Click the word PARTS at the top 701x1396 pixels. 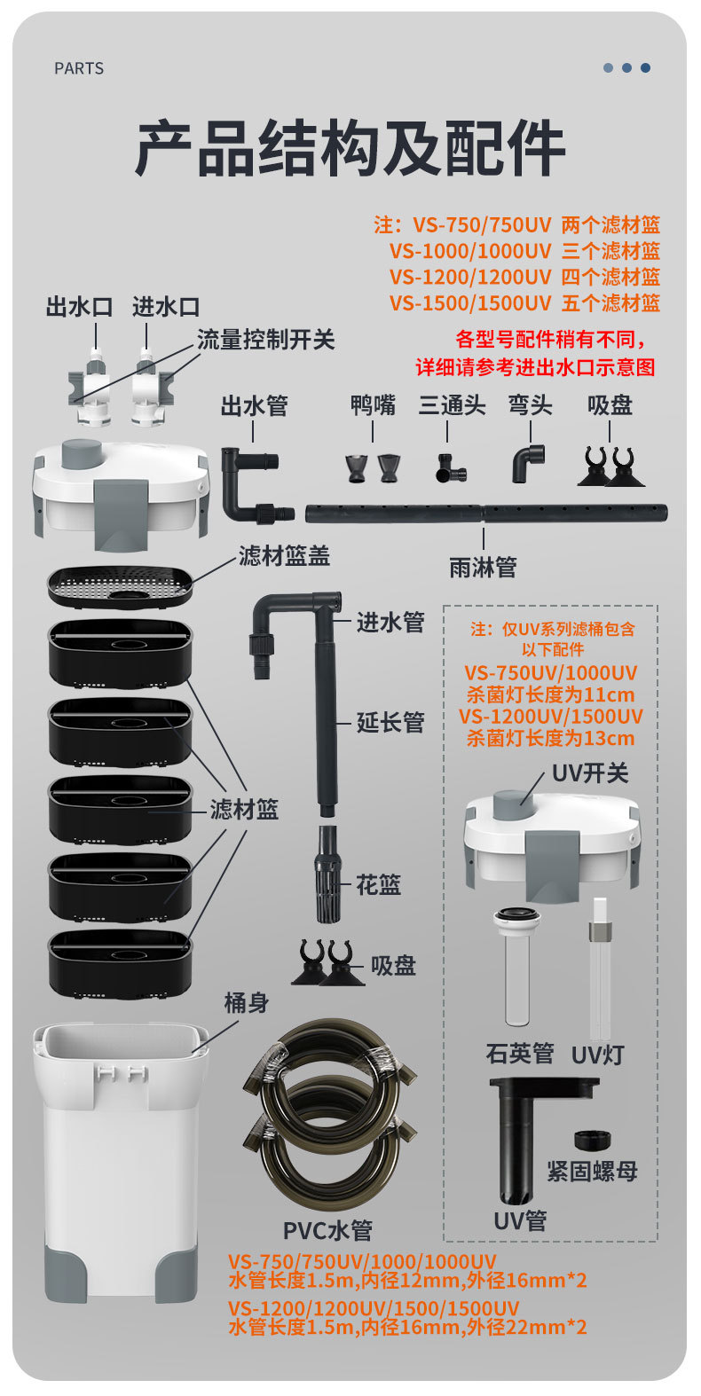coord(79,68)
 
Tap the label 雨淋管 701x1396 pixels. coord(483,568)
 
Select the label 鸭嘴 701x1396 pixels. coord(373,405)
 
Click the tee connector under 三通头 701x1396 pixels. coord(447,467)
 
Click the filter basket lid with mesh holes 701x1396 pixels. coord(120,584)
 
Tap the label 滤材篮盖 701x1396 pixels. coord(284,556)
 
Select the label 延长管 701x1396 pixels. coord(390,723)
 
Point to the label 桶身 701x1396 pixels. coord(246,1003)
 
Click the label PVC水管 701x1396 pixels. coord(327,1230)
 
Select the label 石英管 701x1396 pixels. coord(519,1054)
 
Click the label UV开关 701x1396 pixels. coord(589,773)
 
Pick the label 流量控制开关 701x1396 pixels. coord(265,339)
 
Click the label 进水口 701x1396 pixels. coord(166,307)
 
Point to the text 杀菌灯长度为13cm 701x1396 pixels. coord(550,738)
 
